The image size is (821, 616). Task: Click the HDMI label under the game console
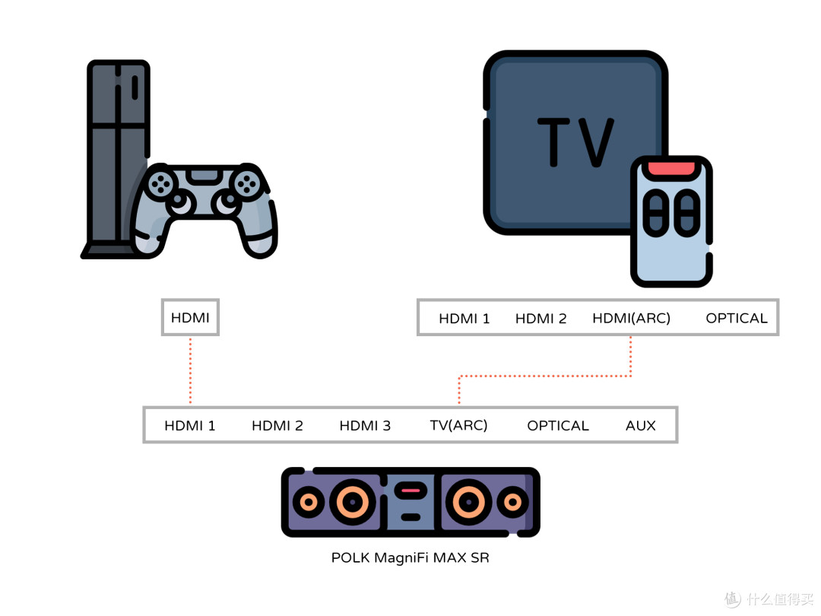(x=190, y=317)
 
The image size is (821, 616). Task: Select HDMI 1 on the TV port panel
(x=464, y=318)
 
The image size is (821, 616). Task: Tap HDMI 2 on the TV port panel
(x=541, y=318)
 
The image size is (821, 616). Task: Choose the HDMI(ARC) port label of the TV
(x=631, y=318)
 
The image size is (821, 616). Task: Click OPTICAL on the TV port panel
(x=736, y=318)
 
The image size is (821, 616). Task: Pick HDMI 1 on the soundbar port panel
(x=189, y=425)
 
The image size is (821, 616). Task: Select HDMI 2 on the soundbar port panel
(x=277, y=425)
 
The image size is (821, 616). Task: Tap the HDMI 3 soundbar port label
(x=365, y=425)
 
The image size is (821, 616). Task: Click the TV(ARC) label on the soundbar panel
(x=458, y=425)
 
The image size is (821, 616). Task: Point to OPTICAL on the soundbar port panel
(x=558, y=425)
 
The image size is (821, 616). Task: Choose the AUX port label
(x=640, y=425)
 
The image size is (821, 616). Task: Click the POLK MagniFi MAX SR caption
(x=410, y=557)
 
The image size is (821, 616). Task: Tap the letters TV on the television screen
(x=575, y=142)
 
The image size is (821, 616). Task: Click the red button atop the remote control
(x=671, y=169)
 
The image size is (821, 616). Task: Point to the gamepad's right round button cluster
(x=246, y=184)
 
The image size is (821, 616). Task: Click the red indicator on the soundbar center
(x=410, y=491)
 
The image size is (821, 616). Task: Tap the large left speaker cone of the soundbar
(x=353, y=502)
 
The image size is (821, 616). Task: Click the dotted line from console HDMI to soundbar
(x=190, y=370)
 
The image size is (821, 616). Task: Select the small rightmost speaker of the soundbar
(x=512, y=503)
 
